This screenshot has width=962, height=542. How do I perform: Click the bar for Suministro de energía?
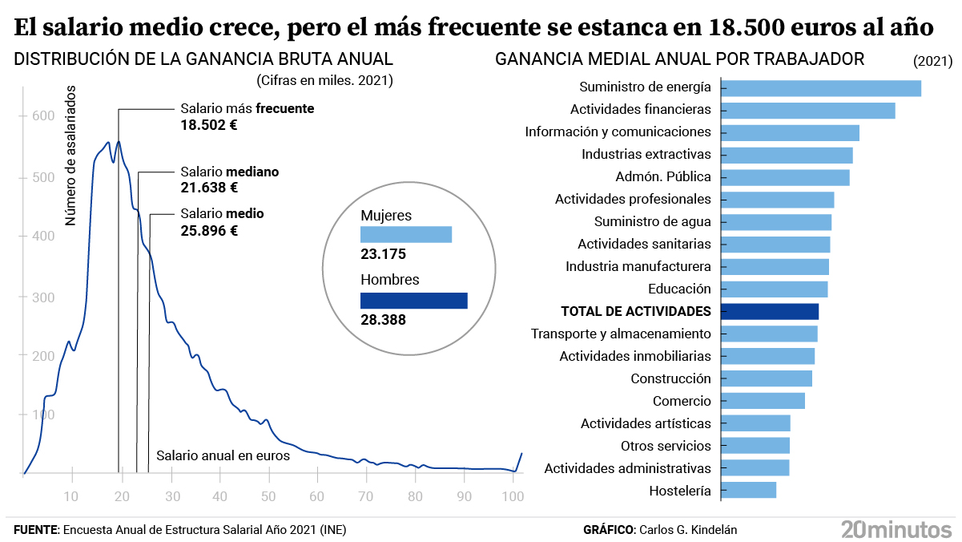(821, 88)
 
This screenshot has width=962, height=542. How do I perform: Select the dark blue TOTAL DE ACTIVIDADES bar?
(770, 311)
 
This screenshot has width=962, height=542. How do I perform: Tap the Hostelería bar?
(749, 490)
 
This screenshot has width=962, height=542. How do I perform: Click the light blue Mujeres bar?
(406, 234)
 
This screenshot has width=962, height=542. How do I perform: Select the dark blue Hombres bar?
(413, 301)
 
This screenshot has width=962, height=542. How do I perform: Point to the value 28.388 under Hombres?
(383, 320)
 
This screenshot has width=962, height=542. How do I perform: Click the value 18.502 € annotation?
(209, 125)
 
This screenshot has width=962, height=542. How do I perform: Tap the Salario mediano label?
(229, 172)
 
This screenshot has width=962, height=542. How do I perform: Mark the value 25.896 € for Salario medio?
(209, 231)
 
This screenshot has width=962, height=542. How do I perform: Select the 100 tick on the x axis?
(513, 496)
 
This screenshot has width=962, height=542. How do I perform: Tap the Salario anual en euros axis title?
(223, 455)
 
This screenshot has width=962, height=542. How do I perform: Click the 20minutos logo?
(896, 529)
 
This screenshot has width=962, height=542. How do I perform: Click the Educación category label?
(679, 289)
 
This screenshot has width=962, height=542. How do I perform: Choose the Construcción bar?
(767, 378)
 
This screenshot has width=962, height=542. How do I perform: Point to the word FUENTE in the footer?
(36, 530)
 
